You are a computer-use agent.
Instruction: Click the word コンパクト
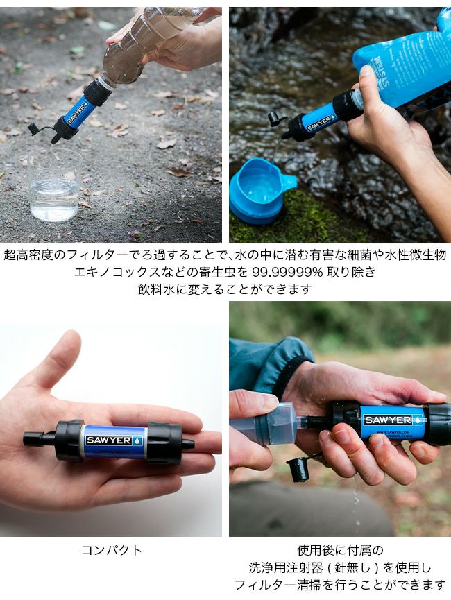112,550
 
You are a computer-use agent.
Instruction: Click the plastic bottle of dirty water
146,46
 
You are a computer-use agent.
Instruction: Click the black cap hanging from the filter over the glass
36,129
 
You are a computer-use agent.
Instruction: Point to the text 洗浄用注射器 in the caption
286,567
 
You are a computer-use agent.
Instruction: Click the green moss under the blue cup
303,218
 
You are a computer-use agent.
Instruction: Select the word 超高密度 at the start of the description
28,255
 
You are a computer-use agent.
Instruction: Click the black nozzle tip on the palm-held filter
187,445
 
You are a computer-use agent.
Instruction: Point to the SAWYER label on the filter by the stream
318,123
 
